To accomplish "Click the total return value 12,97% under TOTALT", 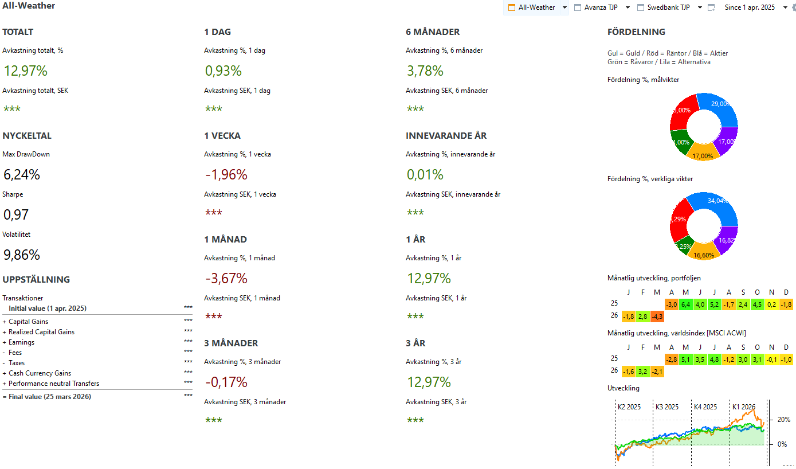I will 25,71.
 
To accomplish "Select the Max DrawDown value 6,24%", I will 22,175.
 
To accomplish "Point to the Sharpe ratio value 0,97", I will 16,215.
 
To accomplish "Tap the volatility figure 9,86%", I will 22,255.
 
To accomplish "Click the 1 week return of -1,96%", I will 226,175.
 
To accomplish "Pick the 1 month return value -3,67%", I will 226,279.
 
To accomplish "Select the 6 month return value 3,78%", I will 425,71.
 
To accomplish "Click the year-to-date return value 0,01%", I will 425,175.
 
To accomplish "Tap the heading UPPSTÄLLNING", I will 36,280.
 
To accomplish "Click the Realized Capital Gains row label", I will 41,332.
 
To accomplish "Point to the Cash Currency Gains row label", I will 40,373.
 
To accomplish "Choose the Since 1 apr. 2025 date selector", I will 749,7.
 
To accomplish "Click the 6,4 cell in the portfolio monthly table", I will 685,304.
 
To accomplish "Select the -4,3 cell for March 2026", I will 657,316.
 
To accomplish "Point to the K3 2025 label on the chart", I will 667,407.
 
